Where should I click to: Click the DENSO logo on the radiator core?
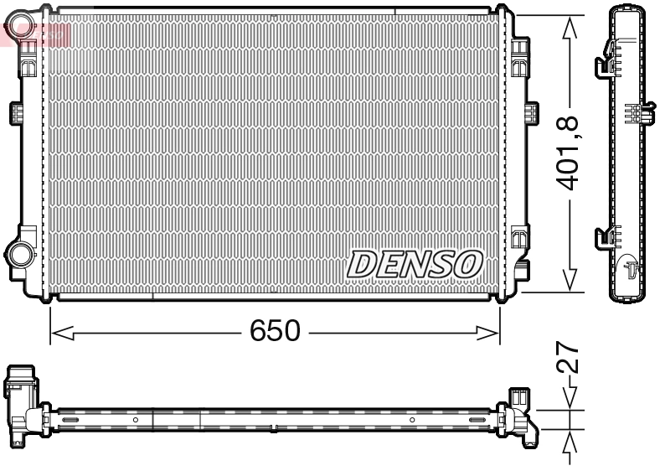415,264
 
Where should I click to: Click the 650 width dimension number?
275,332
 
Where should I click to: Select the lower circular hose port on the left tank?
18,251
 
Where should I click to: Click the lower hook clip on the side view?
603,239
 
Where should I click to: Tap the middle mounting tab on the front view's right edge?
529,113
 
